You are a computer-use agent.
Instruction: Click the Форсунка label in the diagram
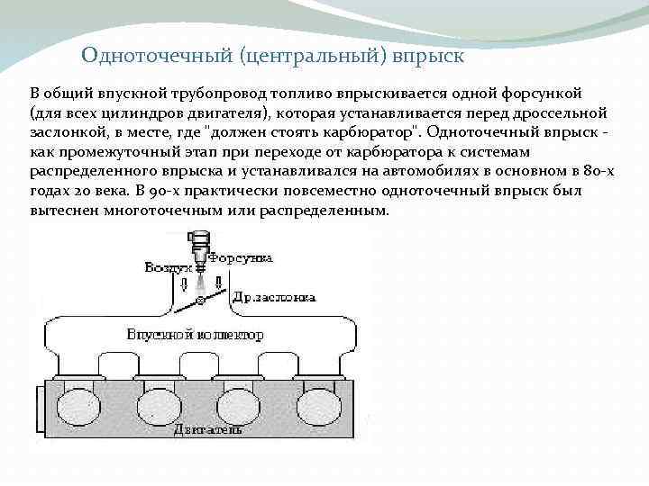pyautogui.click(x=241, y=257)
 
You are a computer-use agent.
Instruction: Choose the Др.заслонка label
pyautogui.click(x=274, y=296)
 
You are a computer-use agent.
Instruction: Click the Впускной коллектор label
pyautogui.click(x=195, y=335)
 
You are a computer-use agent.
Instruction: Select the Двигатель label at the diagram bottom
pyautogui.click(x=208, y=429)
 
